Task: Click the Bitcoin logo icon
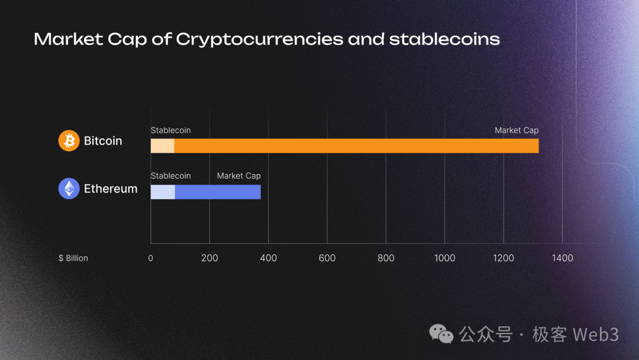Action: [x=69, y=141]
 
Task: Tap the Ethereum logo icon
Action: [x=69, y=189]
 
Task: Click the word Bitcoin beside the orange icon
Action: [x=103, y=141]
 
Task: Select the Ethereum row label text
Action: [x=111, y=189]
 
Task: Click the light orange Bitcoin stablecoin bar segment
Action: [x=162, y=146]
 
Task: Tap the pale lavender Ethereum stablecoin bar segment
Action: [x=163, y=192]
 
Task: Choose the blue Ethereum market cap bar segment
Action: [x=218, y=192]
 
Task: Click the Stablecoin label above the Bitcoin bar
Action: [x=170, y=130]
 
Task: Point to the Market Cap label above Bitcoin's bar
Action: [x=517, y=130]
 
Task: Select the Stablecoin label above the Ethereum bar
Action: [x=170, y=176]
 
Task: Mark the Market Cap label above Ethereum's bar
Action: [x=238, y=176]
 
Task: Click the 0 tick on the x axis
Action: [x=150, y=258]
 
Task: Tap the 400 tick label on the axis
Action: [x=268, y=258]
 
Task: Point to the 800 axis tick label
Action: [x=386, y=258]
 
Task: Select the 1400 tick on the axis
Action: [x=562, y=258]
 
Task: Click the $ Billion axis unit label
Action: [x=73, y=258]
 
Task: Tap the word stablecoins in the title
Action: [x=444, y=40]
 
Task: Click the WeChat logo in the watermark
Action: [x=441, y=334]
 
